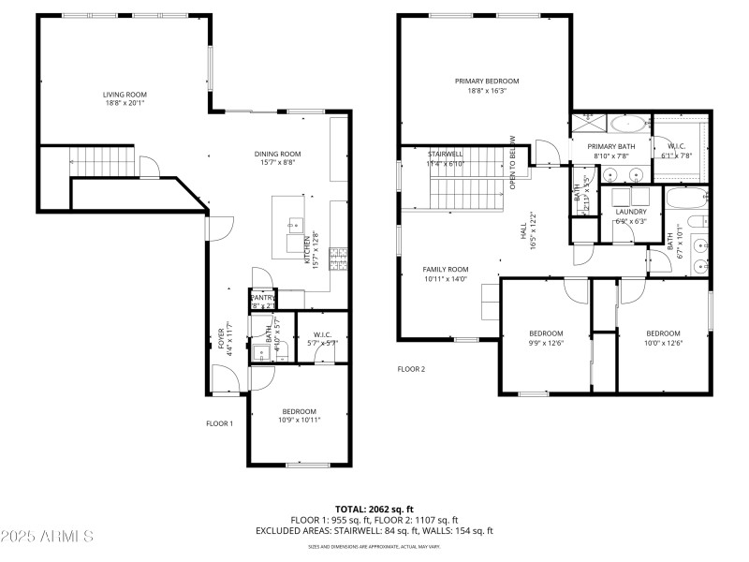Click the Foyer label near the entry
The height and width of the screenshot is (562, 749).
222,337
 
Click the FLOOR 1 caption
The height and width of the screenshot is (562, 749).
219,423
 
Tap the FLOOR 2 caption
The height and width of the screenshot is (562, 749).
411,369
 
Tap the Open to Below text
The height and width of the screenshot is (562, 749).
513,165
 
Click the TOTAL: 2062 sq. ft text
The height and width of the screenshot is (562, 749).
374,509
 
